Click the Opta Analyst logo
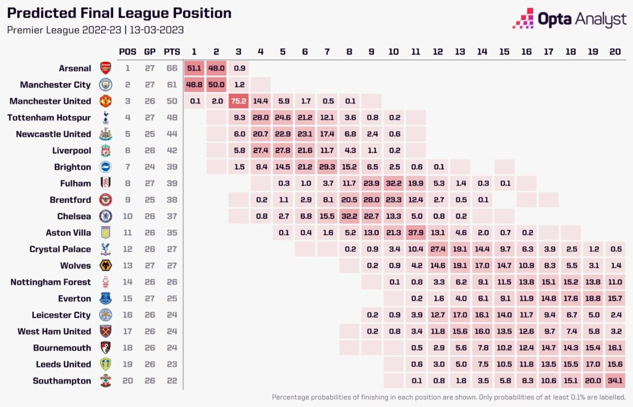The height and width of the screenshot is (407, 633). coord(569,19)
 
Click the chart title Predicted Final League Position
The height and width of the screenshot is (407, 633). coord(119,13)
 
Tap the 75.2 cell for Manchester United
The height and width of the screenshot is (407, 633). coord(239,101)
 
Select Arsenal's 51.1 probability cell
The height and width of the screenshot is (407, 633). coord(195,69)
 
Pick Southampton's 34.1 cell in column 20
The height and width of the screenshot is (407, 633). coord(615,381)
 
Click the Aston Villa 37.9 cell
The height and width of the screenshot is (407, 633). coord(415,233)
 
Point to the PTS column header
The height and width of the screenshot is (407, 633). coord(172,51)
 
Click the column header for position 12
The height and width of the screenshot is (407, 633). coord(438,51)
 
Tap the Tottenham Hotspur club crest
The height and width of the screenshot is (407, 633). coord(105,118)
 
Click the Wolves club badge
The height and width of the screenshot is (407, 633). coord(105,266)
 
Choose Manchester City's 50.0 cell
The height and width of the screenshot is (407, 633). coord(216,85)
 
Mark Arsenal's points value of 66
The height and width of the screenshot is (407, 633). coord(172,69)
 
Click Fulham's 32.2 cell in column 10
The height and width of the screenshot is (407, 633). coord(393,183)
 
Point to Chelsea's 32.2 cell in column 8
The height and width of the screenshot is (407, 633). coord(349,216)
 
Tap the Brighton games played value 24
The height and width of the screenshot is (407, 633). coord(150,167)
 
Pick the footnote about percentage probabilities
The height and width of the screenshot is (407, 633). coord(449,397)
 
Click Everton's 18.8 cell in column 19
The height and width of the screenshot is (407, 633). coord(593,299)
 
